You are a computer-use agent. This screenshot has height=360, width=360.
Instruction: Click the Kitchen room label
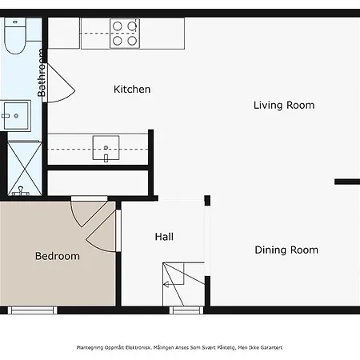pyautogui.click(x=132, y=90)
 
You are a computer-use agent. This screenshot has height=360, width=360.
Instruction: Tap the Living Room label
pyautogui.click(x=284, y=105)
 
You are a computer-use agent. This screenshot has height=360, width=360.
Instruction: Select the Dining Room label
pyautogui.click(x=286, y=250)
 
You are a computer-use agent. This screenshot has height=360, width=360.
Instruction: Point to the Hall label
pyautogui.click(x=164, y=237)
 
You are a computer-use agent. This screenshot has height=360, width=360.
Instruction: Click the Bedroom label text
pyautogui.click(x=58, y=256)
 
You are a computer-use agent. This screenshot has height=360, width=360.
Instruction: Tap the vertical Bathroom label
pyautogui.click(x=42, y=73)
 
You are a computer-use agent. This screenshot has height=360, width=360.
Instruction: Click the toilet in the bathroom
pyautogui.click(x=15, y=36)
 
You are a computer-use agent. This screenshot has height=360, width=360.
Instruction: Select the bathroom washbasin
pyautogui.click(x=15, y=115)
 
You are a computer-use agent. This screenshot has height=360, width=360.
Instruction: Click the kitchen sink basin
pyautogui.click(x=106, y=148)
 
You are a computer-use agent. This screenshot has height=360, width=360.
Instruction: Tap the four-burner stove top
pyautogui.click(x=125, y=34)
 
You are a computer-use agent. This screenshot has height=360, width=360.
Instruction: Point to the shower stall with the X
pyautogui.click(x=25, y=169)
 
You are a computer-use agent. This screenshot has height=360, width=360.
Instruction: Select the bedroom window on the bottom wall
pyautogui.click(x=33, y=310)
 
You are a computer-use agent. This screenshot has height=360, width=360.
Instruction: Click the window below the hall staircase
pyautogui.click(x=186, y=310)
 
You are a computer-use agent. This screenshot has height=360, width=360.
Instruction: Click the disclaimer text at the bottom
pyautogui.click(x=179, y=347)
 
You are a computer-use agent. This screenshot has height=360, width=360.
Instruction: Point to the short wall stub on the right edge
pyautogui.click(x=347, y=182)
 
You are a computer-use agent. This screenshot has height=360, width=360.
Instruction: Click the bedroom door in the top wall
pyautogui.click(x=89, y=212)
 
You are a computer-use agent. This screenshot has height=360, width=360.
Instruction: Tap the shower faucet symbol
pyautogui.click(x=21, y=192)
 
